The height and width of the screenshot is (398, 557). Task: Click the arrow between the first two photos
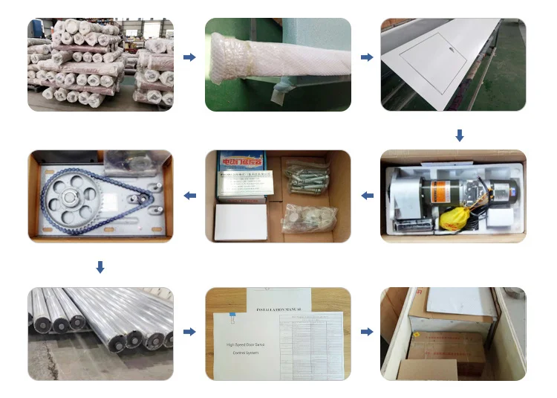click(x=189, y=57)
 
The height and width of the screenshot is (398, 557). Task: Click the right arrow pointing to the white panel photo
click(x=366, y=57)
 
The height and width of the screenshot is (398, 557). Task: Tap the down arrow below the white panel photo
click(x=460, y=135)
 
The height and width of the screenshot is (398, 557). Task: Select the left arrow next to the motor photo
click(x=366, y=196)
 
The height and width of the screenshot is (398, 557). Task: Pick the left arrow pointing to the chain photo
click(x=189, y=196)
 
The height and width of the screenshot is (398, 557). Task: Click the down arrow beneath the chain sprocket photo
click(x=100, y=267)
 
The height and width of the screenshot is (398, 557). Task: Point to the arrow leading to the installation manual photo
click(x=189, y=332)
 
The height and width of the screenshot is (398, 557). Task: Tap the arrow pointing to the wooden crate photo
click(x=366, y=332)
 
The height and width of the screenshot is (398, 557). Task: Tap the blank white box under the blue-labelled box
click(x=240, y=222)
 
